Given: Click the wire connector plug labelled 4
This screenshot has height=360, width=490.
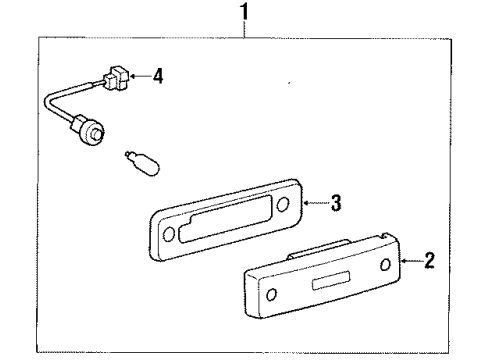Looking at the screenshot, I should (119, 75).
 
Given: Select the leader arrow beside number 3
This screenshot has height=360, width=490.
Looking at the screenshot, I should (313, 205).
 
